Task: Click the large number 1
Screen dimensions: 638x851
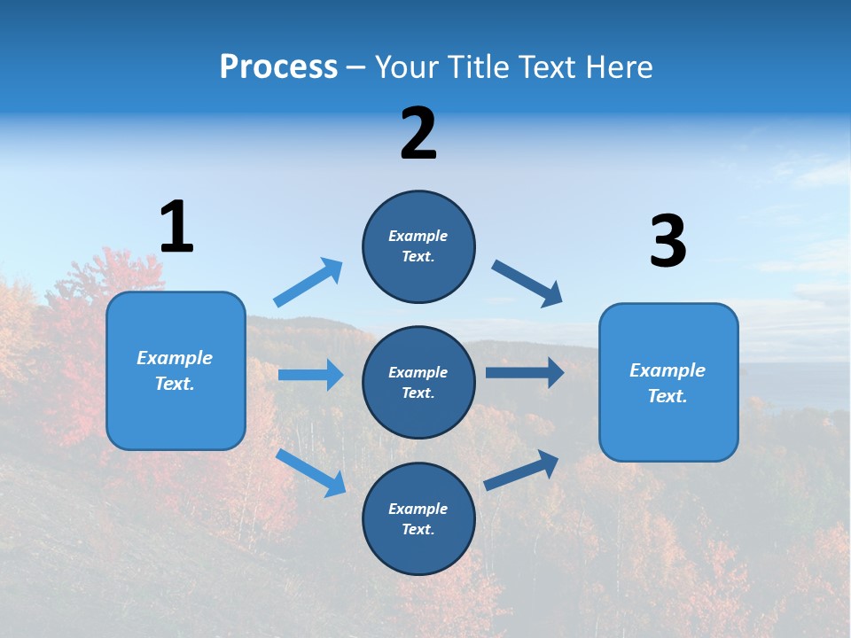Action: pyautogui.click(x=176, y=227)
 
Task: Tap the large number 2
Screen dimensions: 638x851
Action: pyautogui.click(x=418, y=134)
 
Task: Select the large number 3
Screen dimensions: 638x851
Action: pyautogui.click(x=668, y=242)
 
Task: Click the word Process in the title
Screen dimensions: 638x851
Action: pyautogui.click(x=278, y=66)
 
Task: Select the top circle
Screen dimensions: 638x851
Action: pyautogui.click(x=418, y=246)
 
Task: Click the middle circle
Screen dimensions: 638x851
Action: pyautogui.click(x=418, y=383)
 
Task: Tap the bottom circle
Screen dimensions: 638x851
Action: pyautogui.click(x=418, y=519)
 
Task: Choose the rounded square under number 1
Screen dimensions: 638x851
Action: pyautogui.click(x=176, y=370)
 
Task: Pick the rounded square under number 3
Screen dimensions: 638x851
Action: pyautogui.click(x=668, y=383)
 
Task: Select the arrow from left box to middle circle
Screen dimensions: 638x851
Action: pyautogui.click(x=310, y=375)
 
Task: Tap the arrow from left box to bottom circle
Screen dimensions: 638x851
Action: pyautogui.click(x=311, y=472)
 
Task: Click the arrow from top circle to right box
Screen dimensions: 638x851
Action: pyautogui.click(x=527, y=283)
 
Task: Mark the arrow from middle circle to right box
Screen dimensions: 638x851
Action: pyautogui.click(x=525, y=373)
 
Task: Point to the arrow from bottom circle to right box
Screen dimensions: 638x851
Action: pyautogui.click(x=522, y=470)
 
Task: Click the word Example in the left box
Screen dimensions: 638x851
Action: pyautogui.click(x=175, y=358)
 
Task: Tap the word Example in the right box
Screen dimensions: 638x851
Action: pyautogui.click(x=668, y=370)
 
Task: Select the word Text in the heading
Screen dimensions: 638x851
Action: pyautogui.click(x=547, y=66)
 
